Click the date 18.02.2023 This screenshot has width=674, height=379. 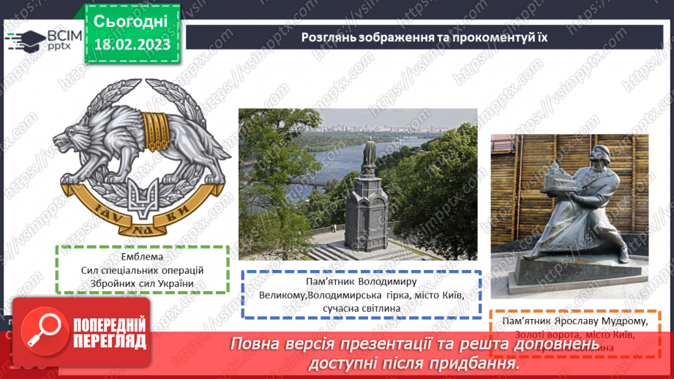pyautogui.click(x=132, y=44)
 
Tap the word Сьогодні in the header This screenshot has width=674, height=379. pyautogui.click(x=131, y=20)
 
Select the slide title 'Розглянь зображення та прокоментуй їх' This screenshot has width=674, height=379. pyautogui.click(x=424, y=37)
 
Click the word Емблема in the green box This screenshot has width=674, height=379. pyautogui.click(x=143, y=257)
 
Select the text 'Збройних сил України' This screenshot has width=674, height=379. pyautogui.click(x=143, y=283)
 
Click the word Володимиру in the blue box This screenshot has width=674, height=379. pyautogui.click(x=383, y=282)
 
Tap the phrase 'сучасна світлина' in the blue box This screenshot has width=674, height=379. pyautogui.click(x=362, y=308)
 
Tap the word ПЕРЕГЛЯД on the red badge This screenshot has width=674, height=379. pyautogui.click(x=109, y=340)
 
